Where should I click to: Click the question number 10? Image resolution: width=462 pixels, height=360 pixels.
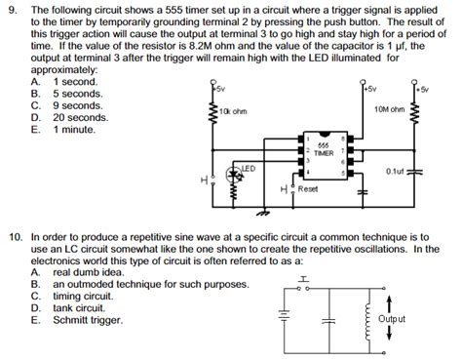14,236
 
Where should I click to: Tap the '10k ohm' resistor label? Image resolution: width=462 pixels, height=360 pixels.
234,110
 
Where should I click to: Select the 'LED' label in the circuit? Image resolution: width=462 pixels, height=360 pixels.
248,169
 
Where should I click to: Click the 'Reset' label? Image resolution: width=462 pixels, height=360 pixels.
308,187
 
